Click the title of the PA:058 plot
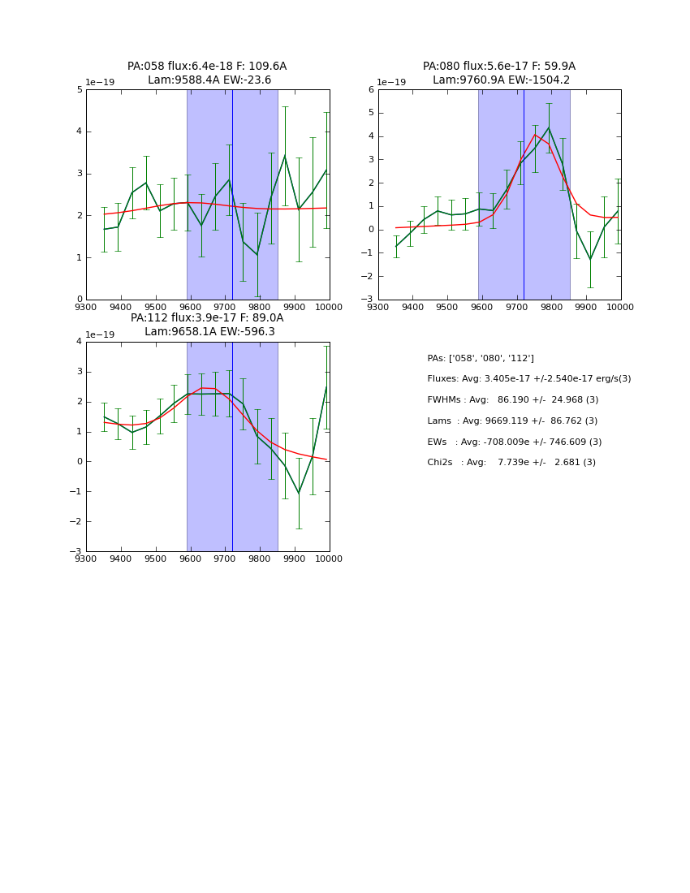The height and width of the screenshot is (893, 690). click(x=207, y=73)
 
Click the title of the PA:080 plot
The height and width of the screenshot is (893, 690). click(x=499, y=73)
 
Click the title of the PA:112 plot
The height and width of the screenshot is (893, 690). click(x=207, y=325)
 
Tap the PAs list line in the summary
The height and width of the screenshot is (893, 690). click(x=481, y=358)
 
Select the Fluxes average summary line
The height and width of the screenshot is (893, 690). click(x=528, y=379)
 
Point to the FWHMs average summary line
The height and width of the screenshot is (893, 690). click(x=512, y=400)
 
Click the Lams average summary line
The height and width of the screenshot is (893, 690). click(x=512, y=421)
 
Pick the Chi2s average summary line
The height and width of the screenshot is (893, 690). click(x=511, y=463)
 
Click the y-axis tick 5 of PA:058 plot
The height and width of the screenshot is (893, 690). click(x=80, y=90)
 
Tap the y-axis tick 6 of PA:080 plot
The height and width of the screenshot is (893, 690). click(x=371, y=90)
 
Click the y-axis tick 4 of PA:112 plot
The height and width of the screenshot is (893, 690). click(x=80, y=342)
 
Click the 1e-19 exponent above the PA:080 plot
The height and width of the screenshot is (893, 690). click(x=391, y=83)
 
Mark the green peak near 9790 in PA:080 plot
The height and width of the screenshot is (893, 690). click(x=549, y=127)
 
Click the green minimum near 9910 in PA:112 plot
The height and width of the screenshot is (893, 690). click(x=298, y=493)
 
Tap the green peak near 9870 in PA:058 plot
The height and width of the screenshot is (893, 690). click(x=284, y=156)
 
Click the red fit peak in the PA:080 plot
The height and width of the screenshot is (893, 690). click(x=536, y=135)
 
